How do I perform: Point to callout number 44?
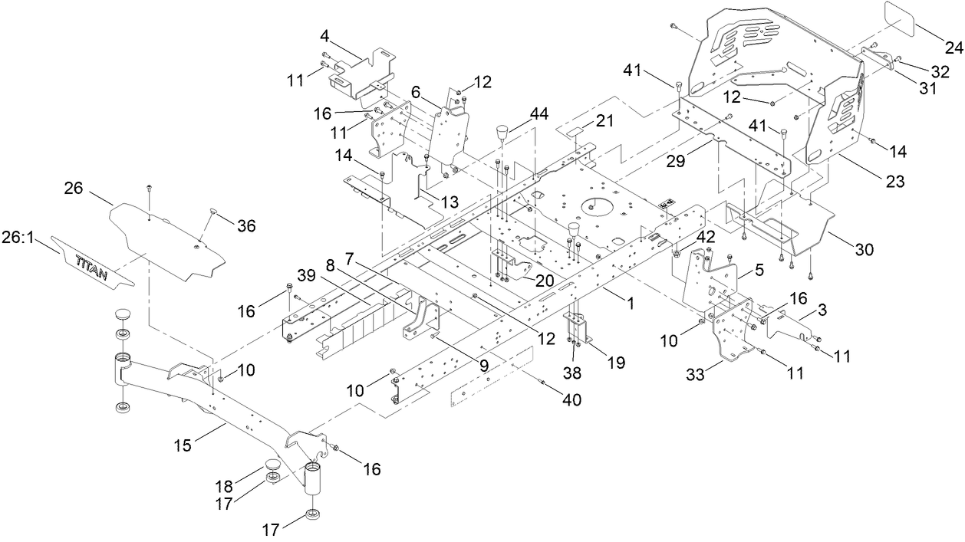540,113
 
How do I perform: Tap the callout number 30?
865,250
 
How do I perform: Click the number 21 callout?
606,122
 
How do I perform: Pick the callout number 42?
705,237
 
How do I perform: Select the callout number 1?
630,303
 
